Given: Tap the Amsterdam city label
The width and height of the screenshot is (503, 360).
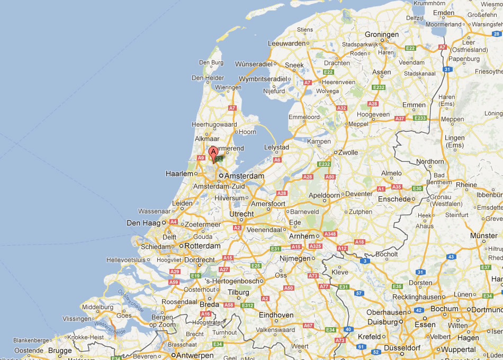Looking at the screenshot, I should click(x=244, y=176).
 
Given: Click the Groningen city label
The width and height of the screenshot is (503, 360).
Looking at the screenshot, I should click(x=382, y=34).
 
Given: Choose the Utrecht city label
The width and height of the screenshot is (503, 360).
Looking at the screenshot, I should click(x=241, y=214).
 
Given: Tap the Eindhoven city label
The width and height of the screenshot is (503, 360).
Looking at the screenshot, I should click(x=276, y=315).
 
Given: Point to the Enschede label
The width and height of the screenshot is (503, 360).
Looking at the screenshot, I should click(x=394, y=199).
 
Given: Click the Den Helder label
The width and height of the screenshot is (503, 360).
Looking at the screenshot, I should click(x=208, y=78).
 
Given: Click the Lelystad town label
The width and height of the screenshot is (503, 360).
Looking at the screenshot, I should click(x=276, y=147).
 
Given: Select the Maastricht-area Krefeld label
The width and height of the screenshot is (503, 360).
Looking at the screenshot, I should click(x=370, y=337).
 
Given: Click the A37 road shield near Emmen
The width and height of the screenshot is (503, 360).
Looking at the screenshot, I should click(x=400, y=118).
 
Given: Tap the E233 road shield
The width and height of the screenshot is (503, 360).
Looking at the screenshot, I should click(x=420, y=118).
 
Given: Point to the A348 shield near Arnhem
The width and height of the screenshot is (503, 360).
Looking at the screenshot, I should click(x=330, y=233).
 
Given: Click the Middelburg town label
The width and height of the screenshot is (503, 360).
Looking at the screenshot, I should click(x=98, y=307).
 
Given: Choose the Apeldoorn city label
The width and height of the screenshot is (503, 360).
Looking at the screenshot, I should click(x=324, y=195).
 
